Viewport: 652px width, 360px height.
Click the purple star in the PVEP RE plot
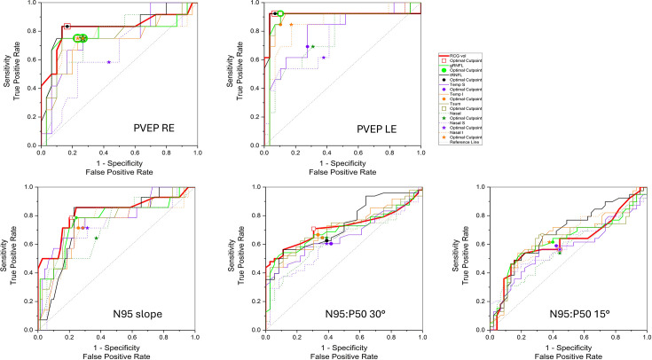108,61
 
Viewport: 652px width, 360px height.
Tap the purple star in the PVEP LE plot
324,58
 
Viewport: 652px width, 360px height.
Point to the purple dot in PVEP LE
307,46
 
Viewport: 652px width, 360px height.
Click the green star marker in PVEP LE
313,46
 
